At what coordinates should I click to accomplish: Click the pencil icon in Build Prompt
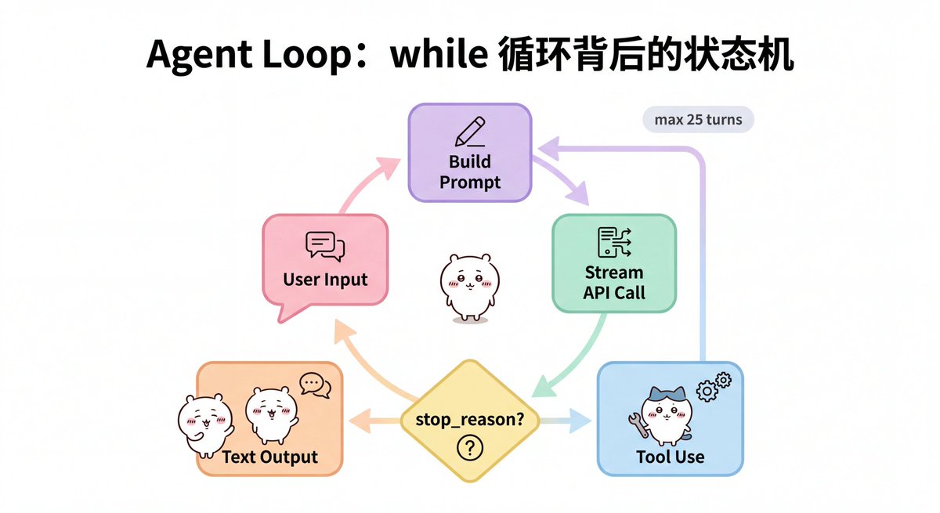click(469, 132)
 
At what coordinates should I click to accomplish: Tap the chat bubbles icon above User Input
click(325, 246)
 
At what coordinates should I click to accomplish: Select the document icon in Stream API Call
click(613, 242)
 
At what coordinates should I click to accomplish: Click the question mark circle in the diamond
click(469, 448)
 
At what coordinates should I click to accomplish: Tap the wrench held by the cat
click(636, 424)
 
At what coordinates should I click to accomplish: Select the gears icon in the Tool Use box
click(713, 386)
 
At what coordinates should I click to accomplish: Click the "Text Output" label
click(270, 457)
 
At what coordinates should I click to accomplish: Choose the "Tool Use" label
click(671, 456)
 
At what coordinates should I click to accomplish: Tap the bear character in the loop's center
click(468, 285)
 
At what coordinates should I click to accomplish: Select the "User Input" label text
click(325, 280)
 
